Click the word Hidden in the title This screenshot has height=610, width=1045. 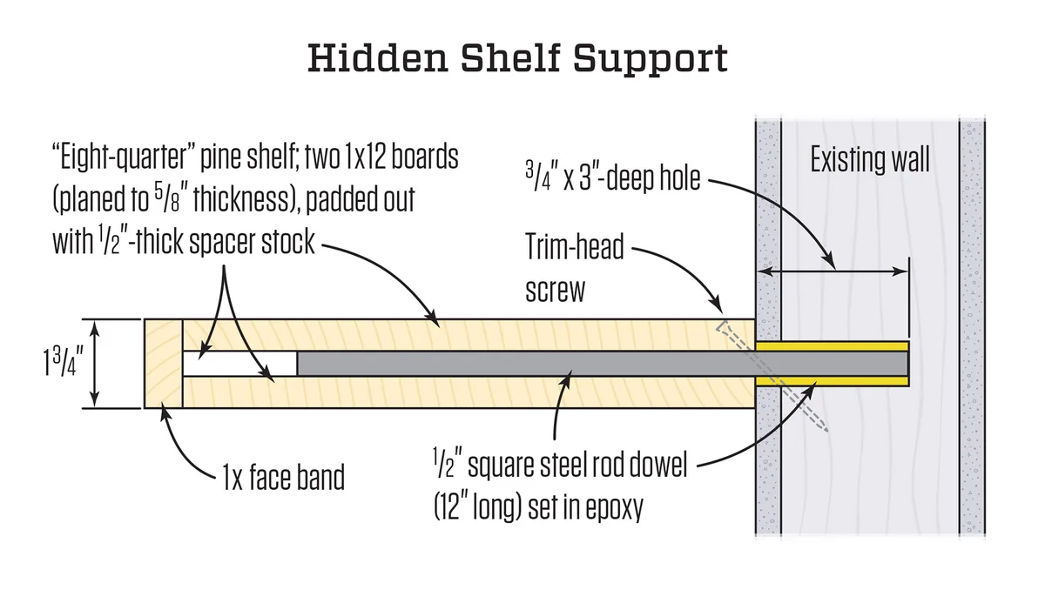tap(378, 57)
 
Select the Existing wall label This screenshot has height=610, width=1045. tap(870, 160)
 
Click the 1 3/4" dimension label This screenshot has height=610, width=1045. tap(63, 363)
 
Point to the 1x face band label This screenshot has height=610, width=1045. tap(283, 477)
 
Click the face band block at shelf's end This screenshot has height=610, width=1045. tap(164, 364)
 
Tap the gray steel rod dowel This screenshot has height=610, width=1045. tap(603, 364)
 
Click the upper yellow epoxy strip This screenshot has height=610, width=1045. tap(832, 346)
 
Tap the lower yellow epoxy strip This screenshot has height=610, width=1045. tap(832, 381)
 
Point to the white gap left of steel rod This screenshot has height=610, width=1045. tap(239, 364)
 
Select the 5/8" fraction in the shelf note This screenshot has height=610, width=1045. tap(167, 199)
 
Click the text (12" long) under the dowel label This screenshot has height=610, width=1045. tap(477, 507)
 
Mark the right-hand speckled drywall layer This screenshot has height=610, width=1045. tap(972, 326)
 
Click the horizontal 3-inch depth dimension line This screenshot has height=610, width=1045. tap(832, 271)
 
